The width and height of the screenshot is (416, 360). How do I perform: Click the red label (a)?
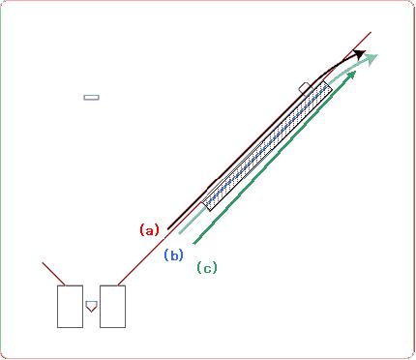150,230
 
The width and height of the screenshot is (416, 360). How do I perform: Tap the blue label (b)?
174,255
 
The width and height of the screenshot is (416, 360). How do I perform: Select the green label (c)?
207,268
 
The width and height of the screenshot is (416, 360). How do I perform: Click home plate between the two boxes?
91,306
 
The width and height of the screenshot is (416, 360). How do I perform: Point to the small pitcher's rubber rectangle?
91,97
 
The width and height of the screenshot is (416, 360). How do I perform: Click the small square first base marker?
306,88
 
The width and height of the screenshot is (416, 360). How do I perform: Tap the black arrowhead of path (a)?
359,54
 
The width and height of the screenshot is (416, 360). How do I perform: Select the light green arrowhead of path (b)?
371,59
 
